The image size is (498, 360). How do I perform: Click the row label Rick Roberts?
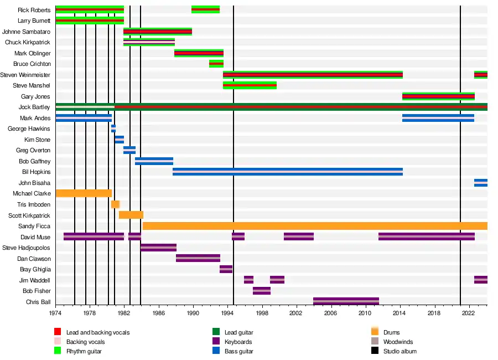(x=34, y=10)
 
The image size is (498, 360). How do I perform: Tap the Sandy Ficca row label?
(x=35, y=226)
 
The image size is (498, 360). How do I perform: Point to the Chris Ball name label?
(x=38, y=302)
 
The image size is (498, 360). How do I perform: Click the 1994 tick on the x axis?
(x=227, y=313)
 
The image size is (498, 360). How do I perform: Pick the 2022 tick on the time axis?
(x=468, y=313)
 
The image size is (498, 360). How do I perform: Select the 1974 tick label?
(x=55, y=313)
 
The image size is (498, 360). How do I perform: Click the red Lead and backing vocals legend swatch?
(x=58, y=332)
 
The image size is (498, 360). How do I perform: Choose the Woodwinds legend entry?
(x=398, y=342)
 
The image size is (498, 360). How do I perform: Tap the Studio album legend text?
(x=400, y=351)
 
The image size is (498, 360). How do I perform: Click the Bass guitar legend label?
(x=238, y=351)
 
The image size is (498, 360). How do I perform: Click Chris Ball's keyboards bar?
(x=346, y=302)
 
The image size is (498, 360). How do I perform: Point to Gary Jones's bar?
(x=438, y=96)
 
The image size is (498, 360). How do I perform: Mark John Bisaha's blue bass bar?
(x=480, y=183)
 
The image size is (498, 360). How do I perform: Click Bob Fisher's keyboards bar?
(x=262, y=291)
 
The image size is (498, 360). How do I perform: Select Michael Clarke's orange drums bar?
(x=84, y=193)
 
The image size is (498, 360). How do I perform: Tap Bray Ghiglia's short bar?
(x=226, y=269)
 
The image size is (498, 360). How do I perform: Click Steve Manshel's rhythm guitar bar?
(x=250, y=85)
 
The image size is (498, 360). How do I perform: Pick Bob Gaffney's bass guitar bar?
(x=154, y=161)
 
